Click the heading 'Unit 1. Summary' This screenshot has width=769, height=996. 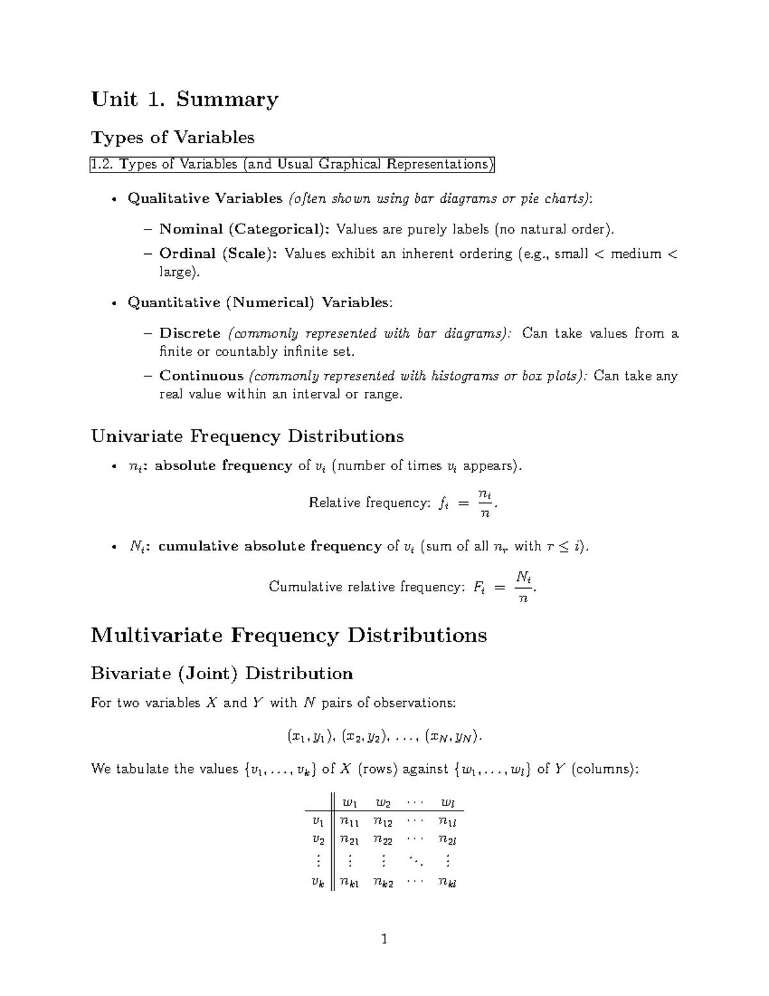point(185,99)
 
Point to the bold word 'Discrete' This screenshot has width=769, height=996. point(190,333)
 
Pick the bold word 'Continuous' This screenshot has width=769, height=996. point(201,376)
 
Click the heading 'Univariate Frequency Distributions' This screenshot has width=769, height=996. point(247,437)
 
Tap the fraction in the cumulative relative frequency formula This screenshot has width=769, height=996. point(524,587)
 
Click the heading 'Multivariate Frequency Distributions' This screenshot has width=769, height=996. point(288,636)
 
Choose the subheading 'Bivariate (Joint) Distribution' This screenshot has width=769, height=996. point(222,673)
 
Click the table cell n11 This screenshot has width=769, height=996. point(349,822)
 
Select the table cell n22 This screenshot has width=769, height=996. point(383,840)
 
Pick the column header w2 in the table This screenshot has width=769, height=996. point(383,802)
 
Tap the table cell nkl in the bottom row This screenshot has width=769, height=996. point(447,882)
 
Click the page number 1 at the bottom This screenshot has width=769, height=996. point(384,940)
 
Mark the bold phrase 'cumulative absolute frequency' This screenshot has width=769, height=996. point(270,546)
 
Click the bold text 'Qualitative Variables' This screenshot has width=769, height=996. point(205,199)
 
